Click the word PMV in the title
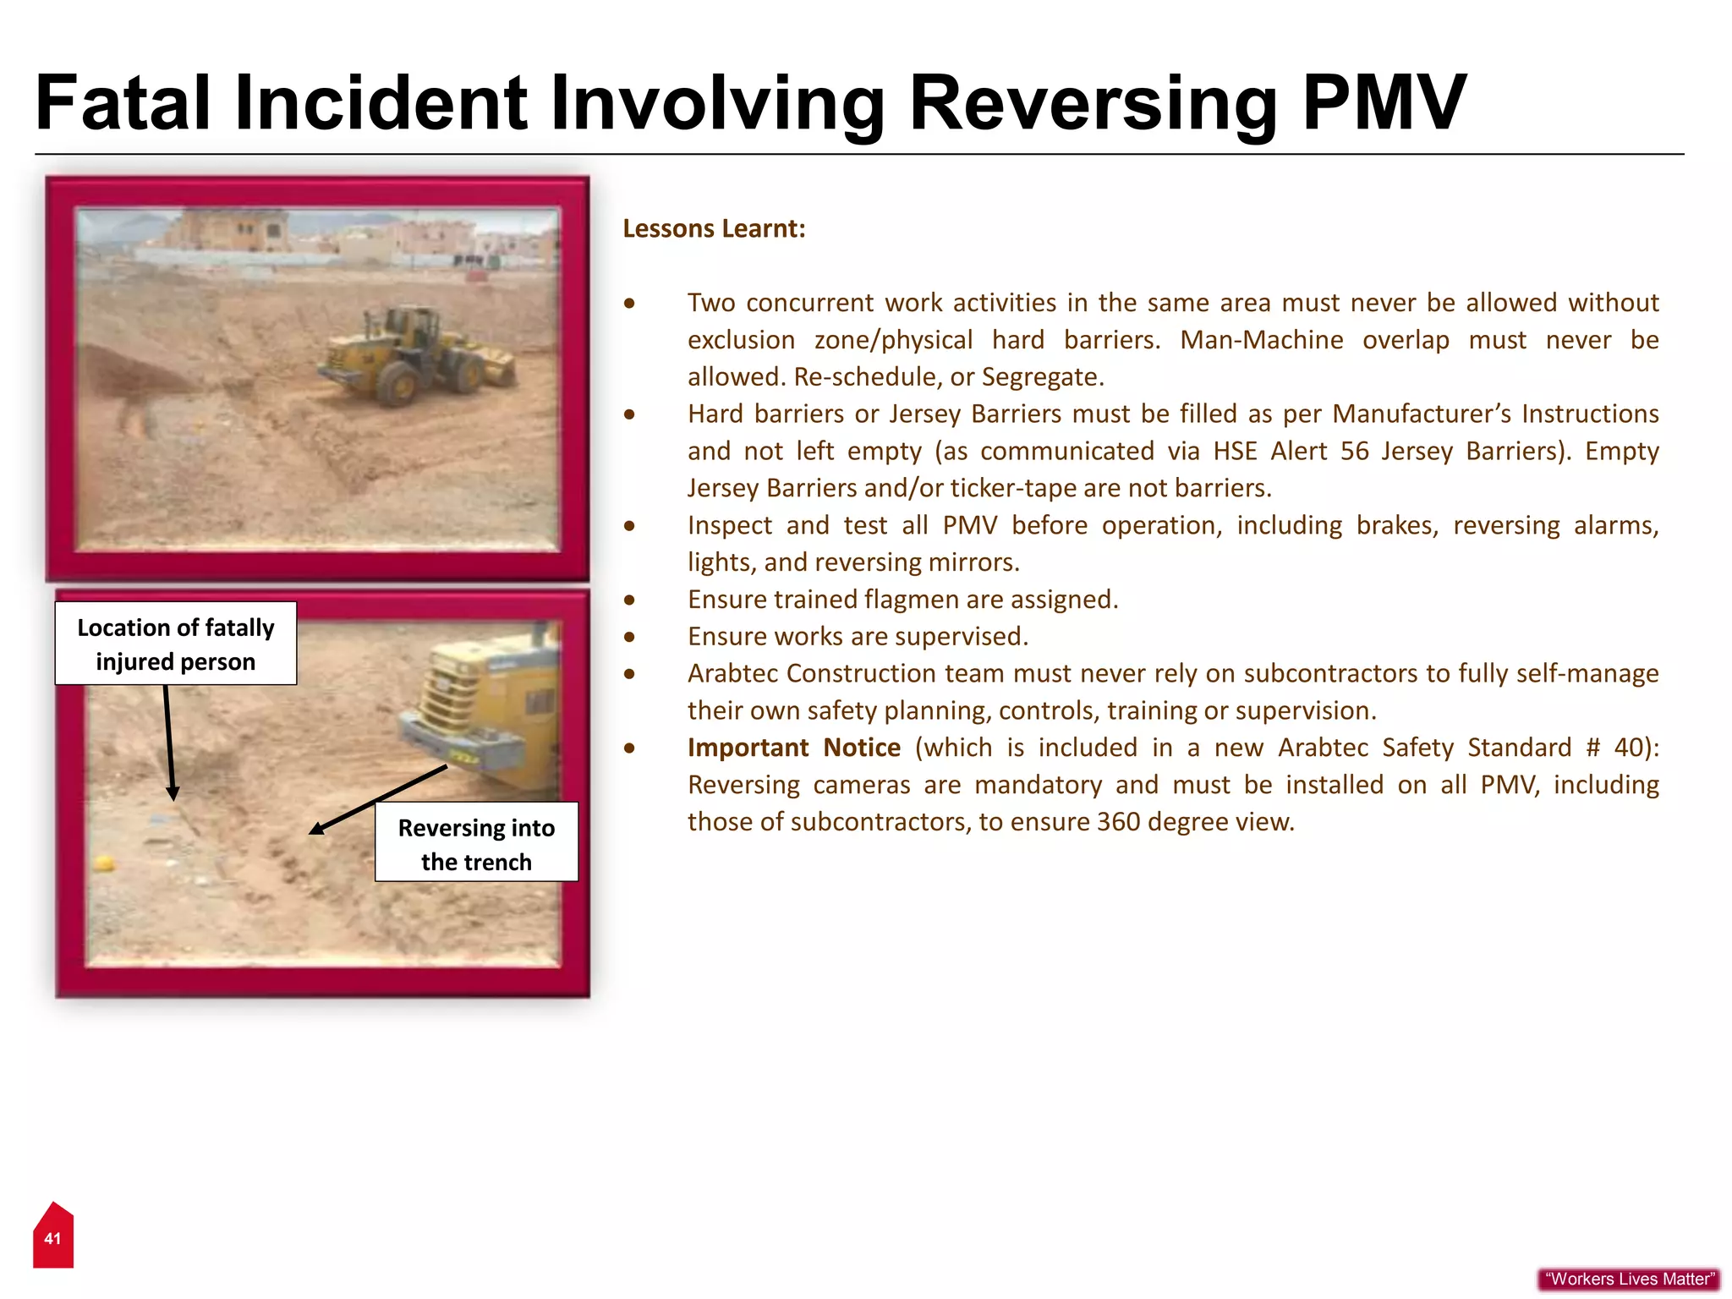pos(1384,103)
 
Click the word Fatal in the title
pos(123,103)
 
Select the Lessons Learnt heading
pos(714,228)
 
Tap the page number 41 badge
pos(52,1238)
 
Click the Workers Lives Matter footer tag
pos(1629,1279)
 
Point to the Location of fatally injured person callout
pos(176,644)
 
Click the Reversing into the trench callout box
pos(476,843)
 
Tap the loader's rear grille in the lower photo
pos(449,693)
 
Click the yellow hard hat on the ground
pos(104,863)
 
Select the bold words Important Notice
pos(793,748)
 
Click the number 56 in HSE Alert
pos(1354,451)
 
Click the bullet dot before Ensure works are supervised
pos(629,637)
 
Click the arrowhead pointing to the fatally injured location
pos(173,793)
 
